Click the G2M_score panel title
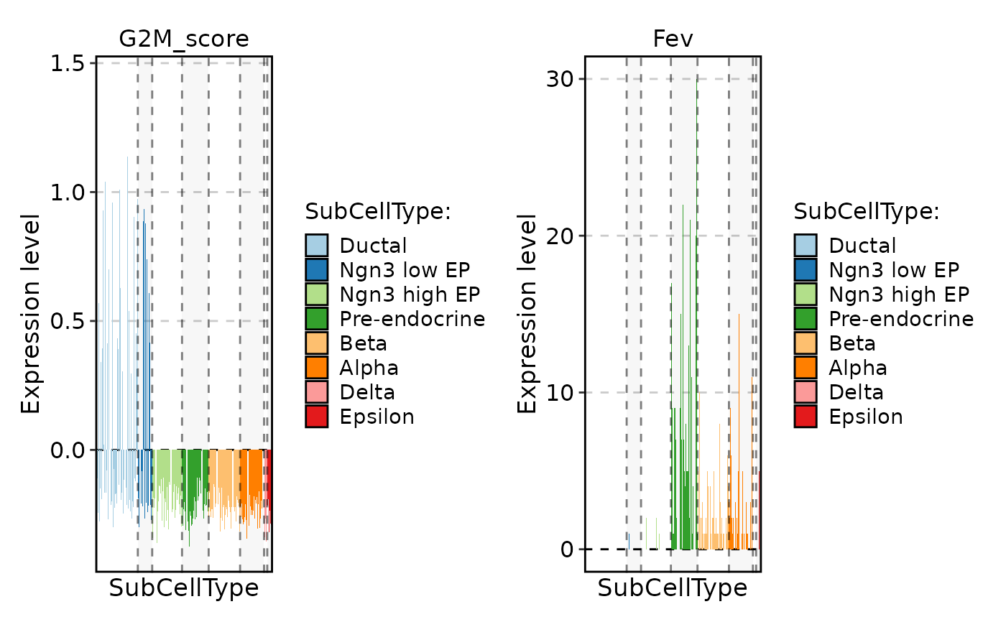click(x=184, y=39)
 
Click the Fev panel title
click(x=673, y=39)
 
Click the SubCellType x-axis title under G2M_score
click(x=184, y=588)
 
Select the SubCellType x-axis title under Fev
click(x=673, y=588)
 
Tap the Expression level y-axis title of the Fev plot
click(x=527, y=313)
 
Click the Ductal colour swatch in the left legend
click(x=316, y=246)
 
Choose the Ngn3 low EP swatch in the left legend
click(x=316, y=270)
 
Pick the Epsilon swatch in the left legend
click(x=316, y=417)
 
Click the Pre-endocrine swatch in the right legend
click(x=806, y=319)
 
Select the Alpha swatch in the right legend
click(x=806, y=368)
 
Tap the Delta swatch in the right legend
click(x=806, y=392)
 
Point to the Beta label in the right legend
click(x=852, y=343)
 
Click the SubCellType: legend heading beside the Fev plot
click(x=867, y=212)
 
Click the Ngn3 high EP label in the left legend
click(x=410, y=294)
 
